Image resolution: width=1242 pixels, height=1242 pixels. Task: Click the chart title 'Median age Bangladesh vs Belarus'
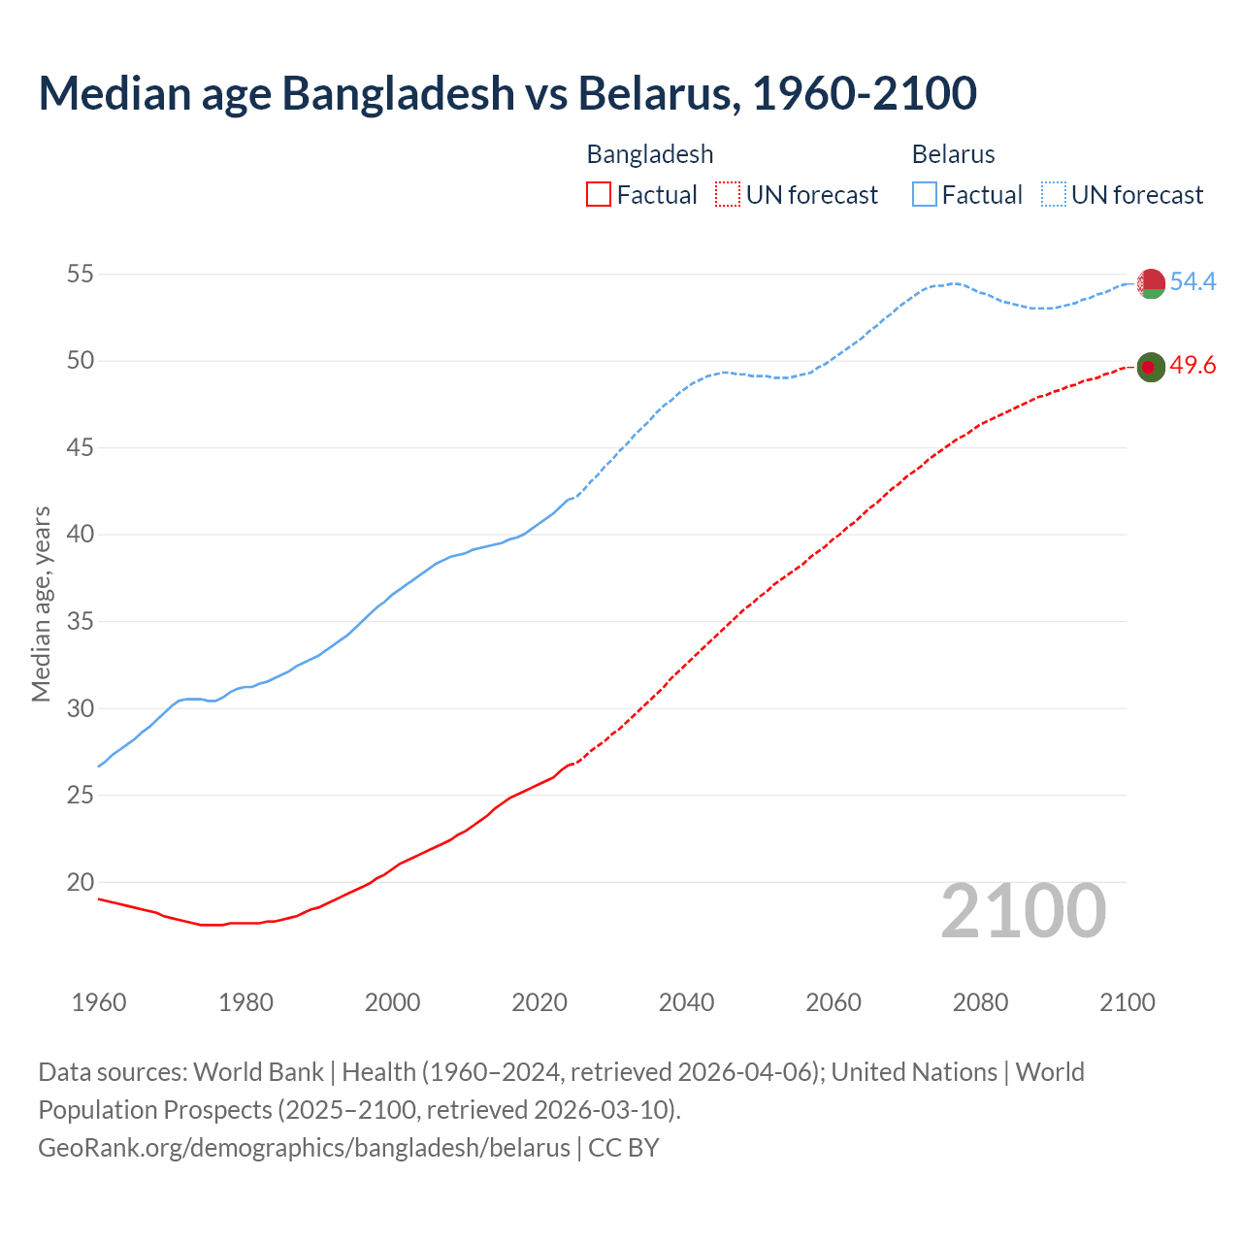click(x=507, y=93)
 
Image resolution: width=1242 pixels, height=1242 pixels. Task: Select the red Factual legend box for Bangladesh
click(x=599, y=195)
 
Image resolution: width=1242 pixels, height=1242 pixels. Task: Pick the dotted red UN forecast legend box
click(x=728, y=195)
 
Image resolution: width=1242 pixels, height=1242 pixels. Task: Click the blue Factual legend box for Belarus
click(x=925, y=195)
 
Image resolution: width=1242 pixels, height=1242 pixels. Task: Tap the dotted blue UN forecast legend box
click(x=1054, y=195)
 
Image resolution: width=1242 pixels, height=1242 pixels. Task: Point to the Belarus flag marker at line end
click(x=1151, y=283)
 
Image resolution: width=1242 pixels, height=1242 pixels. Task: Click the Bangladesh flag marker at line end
click(x=1151, y=367)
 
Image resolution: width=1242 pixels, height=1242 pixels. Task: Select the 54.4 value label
click(x=1193, y=281)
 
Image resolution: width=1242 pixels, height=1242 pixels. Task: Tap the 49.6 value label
click(x=1193, y=366)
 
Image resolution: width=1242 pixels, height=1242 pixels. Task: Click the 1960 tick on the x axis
click(x=99, y=1002)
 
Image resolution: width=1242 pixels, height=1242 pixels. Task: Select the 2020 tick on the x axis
click(x=539, y=1002)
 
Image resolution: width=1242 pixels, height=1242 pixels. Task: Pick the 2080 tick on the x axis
click(x=980, y=1002)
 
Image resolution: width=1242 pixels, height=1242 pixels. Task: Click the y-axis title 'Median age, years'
click(x=41, y=604)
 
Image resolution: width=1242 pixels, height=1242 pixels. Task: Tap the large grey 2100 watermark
click(x=1024, y=911)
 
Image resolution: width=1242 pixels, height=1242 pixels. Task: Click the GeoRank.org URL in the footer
click(x=304, y=1148)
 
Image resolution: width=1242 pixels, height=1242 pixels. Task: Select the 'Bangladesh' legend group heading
click(x=650, y=154)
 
